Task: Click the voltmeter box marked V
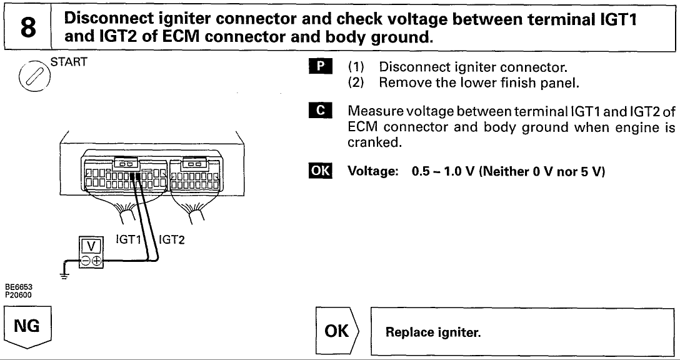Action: point(87,244)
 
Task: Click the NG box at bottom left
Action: point(27,327)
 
